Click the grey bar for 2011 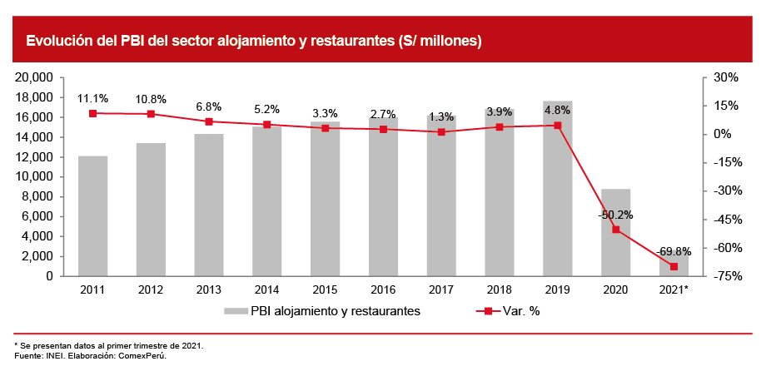click(x=93, y=215)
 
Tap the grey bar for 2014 click(x=267, y=200)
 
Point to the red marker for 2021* click(x=674, y=266)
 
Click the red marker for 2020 click(x=615, y=230)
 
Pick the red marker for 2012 click(x=151, y=114)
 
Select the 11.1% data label click(x=92, y=98)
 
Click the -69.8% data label click(x=673, y=251)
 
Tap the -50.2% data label click(x=615, y=215)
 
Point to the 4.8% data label click(x=557, y=110)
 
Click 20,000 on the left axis click(x=35, y=77)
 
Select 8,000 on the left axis click(x=38, y=196)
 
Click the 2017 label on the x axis click(x=441, y=289)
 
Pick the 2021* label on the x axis click(x=674, y=289)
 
